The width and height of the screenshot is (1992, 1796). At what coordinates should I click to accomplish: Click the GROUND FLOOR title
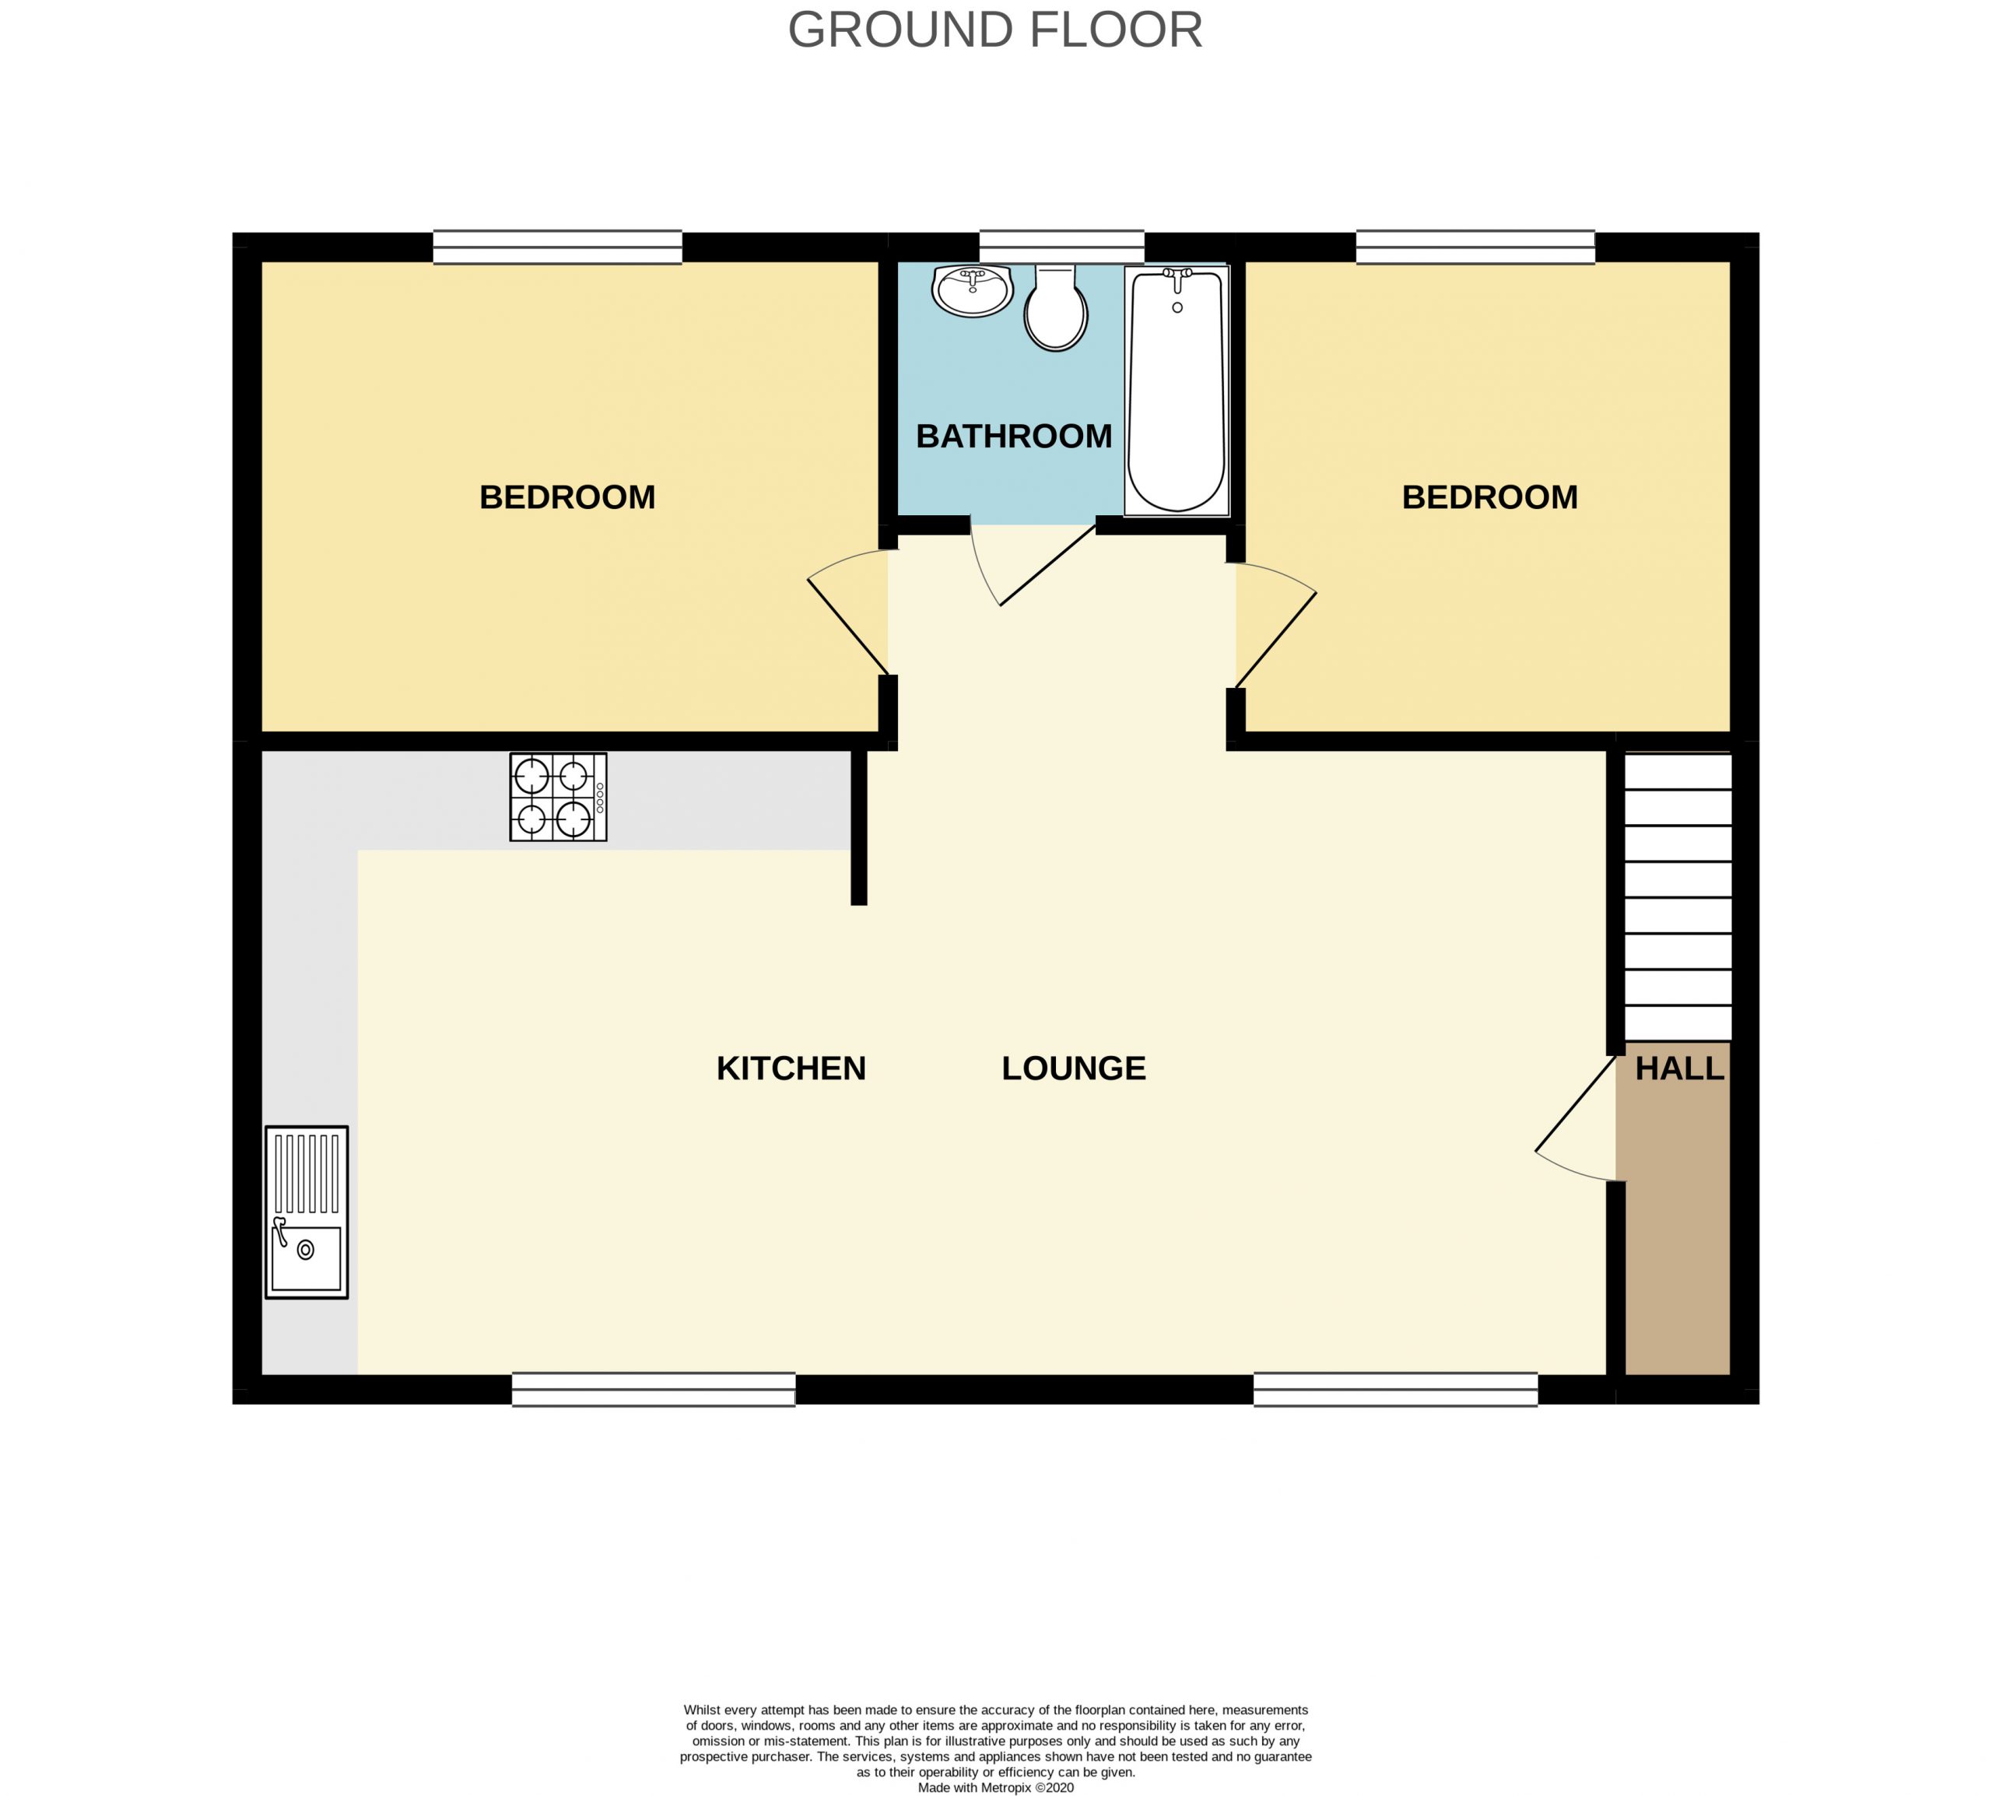click(x=994, y=30)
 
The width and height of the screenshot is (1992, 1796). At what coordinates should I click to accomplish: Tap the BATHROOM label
click(x=1013, y=437)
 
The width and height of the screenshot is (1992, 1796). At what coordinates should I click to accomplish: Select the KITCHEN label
click(x=791, y=1068)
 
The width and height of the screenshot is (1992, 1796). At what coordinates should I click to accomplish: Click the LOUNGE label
click(x=1074, y=1068)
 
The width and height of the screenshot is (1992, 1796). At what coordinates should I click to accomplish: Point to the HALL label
click(x=1679, y=1068)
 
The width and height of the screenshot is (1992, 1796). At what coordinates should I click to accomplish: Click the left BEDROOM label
click(x=567, y=496)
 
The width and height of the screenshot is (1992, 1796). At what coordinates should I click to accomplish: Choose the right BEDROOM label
click(x=1490, y=496)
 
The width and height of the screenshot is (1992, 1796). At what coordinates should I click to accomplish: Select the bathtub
click(x=1177, y=391)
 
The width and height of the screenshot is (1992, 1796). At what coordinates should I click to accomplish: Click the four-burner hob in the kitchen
click(x=559, y=798)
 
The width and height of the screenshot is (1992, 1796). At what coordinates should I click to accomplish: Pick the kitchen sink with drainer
click(x=307, y=1213)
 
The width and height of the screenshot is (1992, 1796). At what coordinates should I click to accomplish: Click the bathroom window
click(x=1061, y=247)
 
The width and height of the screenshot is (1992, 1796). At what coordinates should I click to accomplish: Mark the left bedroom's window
click(x=557, y=247)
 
